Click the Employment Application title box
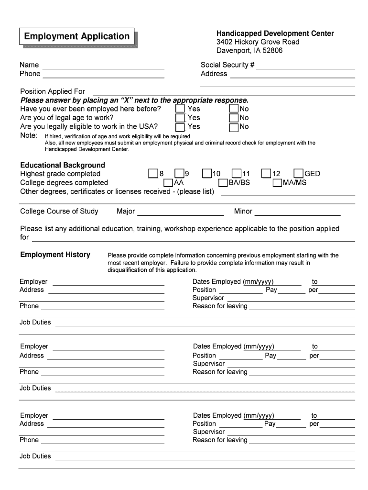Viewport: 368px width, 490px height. [x=77, y=37]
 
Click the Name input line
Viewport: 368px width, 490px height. [x=104, y=66]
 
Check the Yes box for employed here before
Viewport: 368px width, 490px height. [x=180, y=109]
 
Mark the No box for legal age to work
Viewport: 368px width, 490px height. [x=234, y=118]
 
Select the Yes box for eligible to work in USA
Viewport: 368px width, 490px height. [x=180, y=127]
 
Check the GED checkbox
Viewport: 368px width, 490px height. [x=299, y=174]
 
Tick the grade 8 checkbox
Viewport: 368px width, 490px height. [x=153, y=174]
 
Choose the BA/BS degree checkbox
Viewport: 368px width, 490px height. [x=223, y=183]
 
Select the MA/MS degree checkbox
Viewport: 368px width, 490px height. [x=277, y=183]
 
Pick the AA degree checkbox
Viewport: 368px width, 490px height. [x=168, y=183]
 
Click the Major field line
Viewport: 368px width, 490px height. [x=181, y=212]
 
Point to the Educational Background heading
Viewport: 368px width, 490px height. [x=63, y=165]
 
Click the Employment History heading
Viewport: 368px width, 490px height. [x=55, y=255]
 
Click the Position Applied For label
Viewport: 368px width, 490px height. [x=53, y=91]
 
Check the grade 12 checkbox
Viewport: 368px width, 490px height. [x=266, y=174]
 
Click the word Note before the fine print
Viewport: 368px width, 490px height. [x=29, y=135]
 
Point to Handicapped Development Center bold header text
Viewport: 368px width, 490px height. [x=275, y=33]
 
